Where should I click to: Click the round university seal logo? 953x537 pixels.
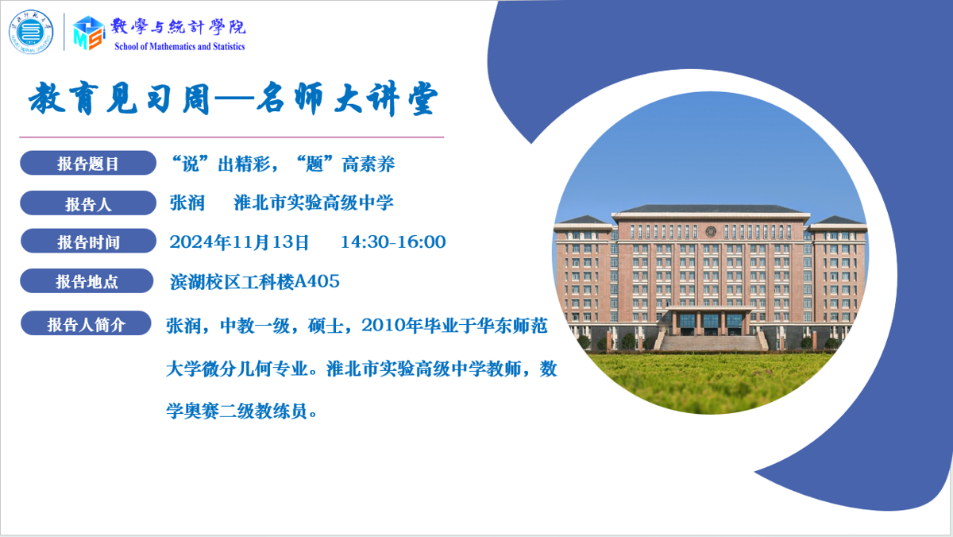[x=31, y=32]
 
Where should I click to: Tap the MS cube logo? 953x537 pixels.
[x=88, y=33]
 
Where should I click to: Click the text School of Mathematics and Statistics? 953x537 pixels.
[x=179, y=46]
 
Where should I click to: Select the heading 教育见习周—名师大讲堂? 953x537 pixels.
[x=233, y=99]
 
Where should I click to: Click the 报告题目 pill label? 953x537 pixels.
[x=88, y=163]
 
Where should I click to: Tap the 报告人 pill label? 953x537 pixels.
[x=88, y=203]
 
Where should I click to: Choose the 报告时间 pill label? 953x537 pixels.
[x=88, y=241]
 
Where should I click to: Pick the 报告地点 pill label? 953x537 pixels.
[x=87, y=281]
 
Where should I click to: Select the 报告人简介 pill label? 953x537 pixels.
[x=86, y=323]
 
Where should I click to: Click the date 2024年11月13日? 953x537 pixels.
[x=239, y=242]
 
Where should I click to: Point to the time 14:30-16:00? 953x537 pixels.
[x=393, y=241]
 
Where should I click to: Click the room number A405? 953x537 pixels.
[x=317, y=281]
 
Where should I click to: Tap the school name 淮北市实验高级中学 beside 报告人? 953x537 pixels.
[x=314, y=203]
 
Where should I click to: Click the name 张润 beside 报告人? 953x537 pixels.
[x=187, y=203]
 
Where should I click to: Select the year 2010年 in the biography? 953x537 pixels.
[x=392, y=326]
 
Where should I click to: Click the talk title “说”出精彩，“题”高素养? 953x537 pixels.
[x=282, y=164]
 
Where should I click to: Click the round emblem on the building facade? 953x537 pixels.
[x=710, y=232]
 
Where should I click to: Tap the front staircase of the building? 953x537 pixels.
[x=711, y=343]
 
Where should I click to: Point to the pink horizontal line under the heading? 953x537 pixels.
[x=231, y=137]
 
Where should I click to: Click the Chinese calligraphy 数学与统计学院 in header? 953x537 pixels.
[x=178, y=26]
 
